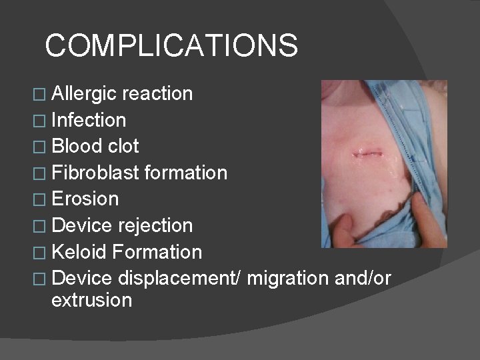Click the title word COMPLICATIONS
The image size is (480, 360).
171,46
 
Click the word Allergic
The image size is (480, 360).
84,94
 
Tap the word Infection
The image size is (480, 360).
89,121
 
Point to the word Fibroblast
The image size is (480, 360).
96,173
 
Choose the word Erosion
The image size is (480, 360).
85,199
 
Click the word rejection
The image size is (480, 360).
155,226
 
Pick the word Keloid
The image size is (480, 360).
79,253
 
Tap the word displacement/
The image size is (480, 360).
179,279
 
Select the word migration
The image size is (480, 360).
293,279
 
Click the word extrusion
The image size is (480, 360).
91,300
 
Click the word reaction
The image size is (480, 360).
157,94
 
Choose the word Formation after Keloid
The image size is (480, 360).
157,253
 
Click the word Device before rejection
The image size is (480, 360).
81,226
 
